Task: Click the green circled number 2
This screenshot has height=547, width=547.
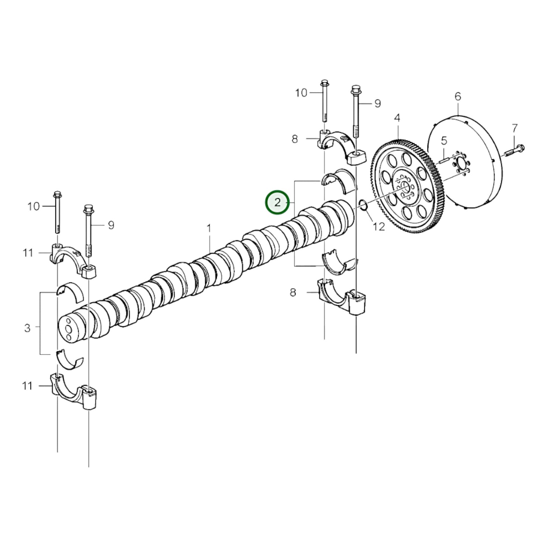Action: (x=277, y=203)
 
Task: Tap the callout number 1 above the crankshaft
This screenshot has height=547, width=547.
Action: (x=209, y=229)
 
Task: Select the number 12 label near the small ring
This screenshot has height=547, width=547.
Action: (x=379, y=226)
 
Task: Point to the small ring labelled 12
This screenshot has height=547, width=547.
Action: (x=363, y=206)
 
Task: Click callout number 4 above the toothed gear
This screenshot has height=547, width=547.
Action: (x=397, y=118)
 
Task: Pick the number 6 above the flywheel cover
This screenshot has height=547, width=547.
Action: (x=458, y=97)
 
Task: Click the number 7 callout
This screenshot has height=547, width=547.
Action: (x=514, y=129)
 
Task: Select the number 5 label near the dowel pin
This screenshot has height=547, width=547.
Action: (x=444, y=140)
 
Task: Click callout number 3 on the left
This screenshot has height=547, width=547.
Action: (x=27, y=328)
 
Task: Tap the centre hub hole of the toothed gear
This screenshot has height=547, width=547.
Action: (x=403, y=186)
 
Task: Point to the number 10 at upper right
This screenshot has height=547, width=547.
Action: (x=301, y=93)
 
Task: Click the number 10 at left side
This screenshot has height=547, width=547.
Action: (x=33, y=206)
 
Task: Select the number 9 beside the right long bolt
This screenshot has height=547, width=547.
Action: (x=377, y=103)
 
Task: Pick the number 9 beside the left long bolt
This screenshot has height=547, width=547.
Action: (x=111, y=225)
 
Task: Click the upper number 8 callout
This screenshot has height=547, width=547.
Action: (x=295, y=139)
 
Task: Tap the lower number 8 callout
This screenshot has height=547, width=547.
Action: (x=293, y=292)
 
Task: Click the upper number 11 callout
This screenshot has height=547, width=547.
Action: (x=28, y=252)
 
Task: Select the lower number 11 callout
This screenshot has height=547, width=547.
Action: (x=27, y=386)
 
